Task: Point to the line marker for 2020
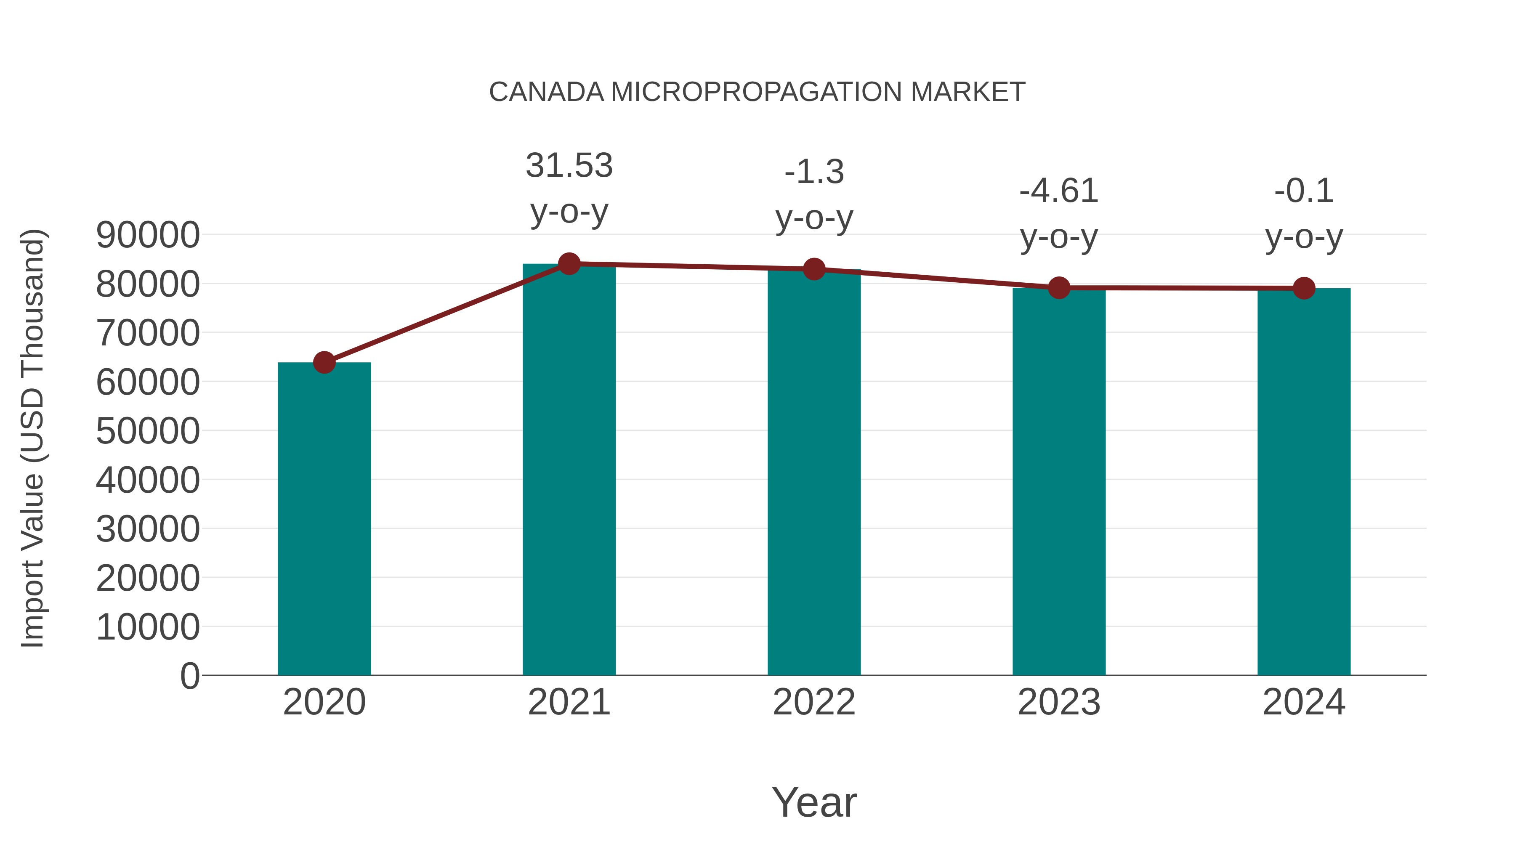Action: tap(324, 362)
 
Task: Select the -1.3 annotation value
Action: tap(814, 172)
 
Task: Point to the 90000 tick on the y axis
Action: tap(148, 235)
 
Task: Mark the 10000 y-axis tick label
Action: tap(148, 627)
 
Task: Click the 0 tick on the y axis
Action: tap(190, 676)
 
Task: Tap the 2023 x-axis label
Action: tap(1059, 702)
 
